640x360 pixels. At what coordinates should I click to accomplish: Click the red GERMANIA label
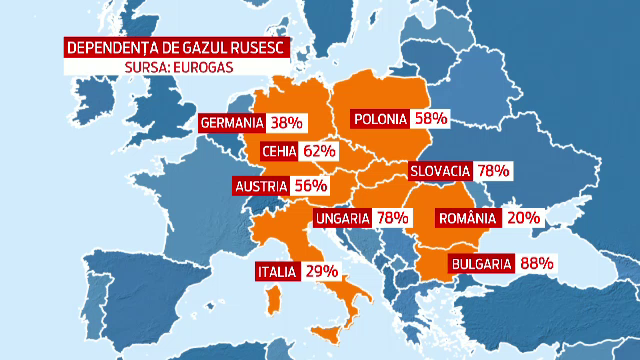tap(231, 123)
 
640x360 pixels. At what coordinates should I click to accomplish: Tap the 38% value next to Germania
tap(286, 123)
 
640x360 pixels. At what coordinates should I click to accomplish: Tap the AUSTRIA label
tap(261, 186)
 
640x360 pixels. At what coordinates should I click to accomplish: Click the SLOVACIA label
tap(441, 171)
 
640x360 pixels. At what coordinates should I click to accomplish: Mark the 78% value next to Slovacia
tap(495, 171)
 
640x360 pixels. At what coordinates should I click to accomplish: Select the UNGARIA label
tap(343, 217)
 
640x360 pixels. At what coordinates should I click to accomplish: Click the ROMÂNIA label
tap(468, 217)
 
